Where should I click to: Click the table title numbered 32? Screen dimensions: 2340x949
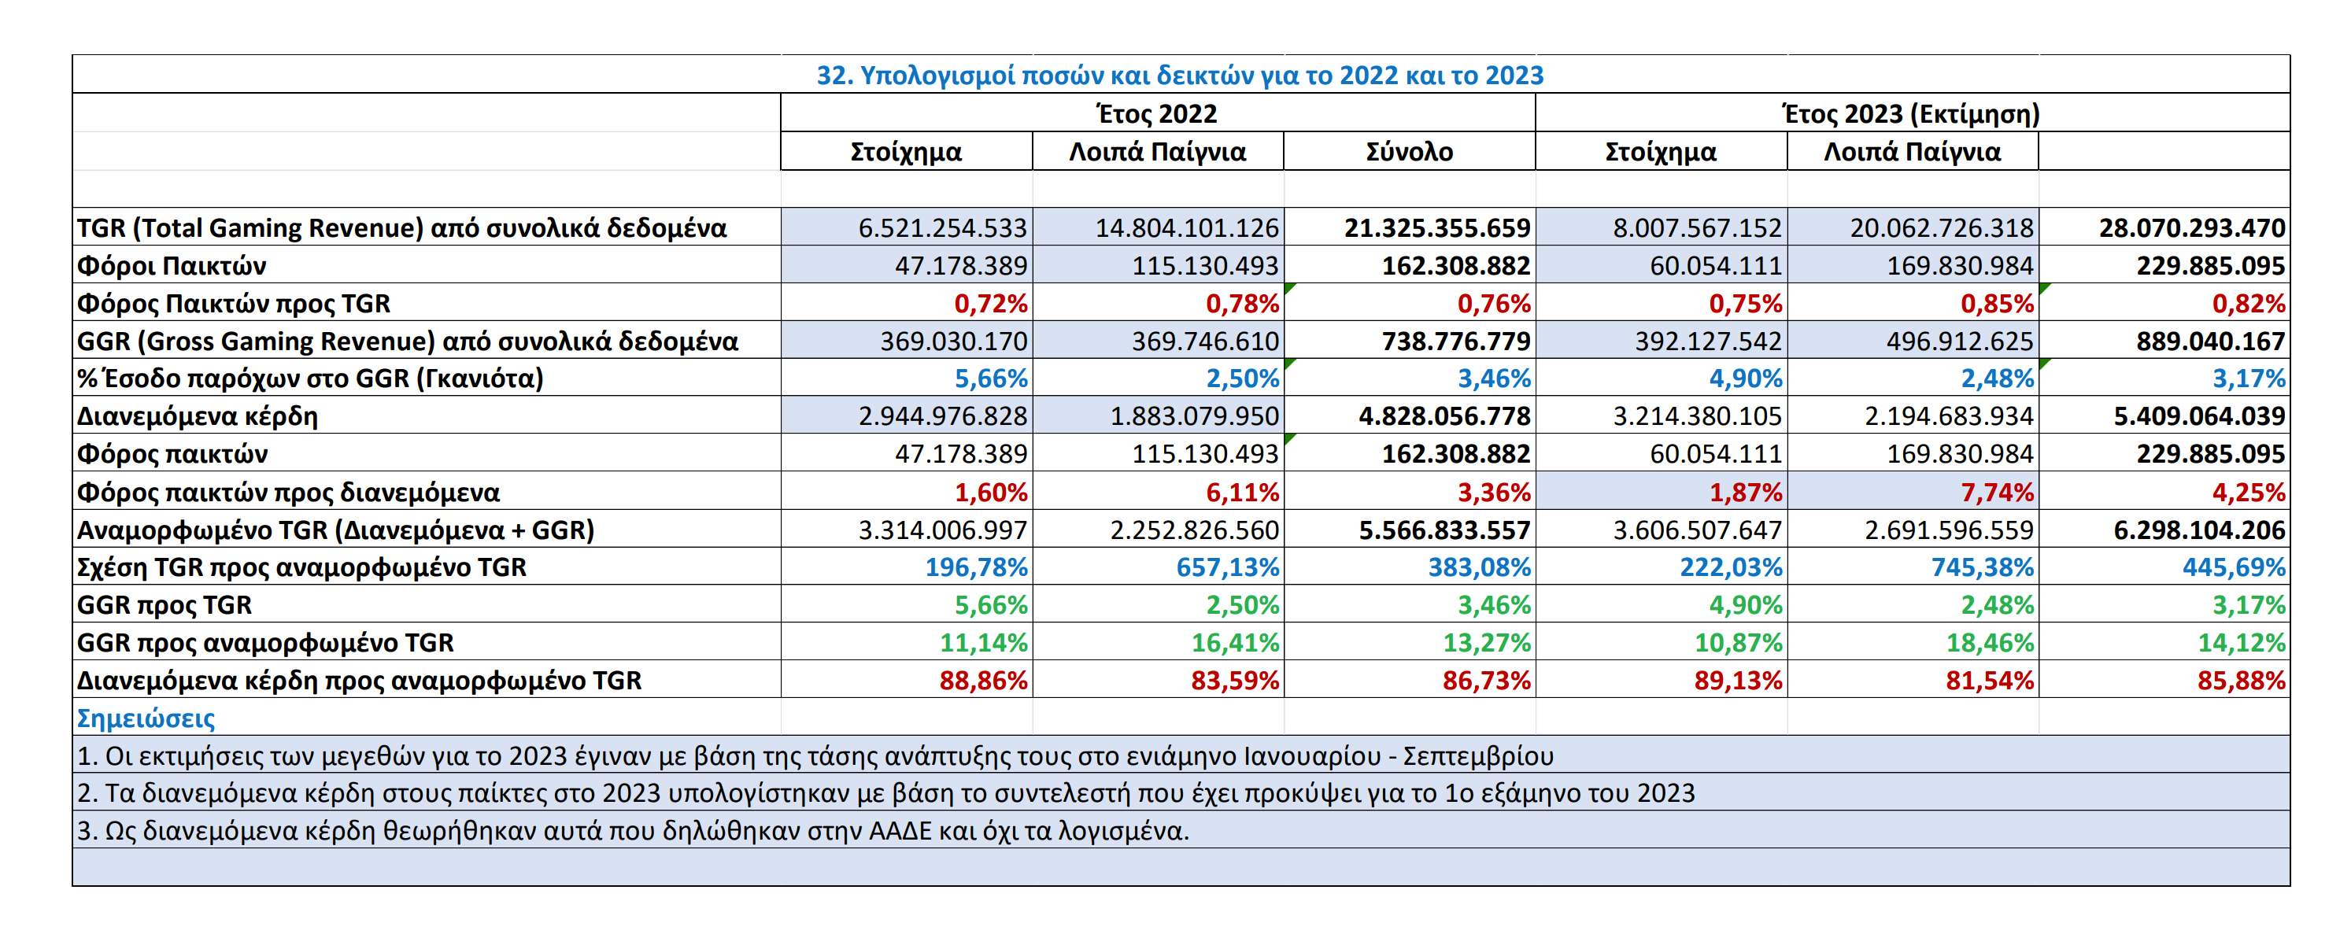point(1179,75)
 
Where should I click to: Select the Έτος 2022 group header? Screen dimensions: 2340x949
point(1157,113)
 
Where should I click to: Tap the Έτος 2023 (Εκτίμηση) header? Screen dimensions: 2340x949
point(1911,113)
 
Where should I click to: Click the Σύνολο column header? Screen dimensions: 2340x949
point(1409,152)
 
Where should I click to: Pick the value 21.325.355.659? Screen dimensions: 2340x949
point(1437,227)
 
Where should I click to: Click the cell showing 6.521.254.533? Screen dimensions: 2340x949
point(942,227)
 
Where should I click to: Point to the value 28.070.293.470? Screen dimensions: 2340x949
point(2192,227)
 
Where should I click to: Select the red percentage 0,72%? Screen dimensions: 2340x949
point(990,303)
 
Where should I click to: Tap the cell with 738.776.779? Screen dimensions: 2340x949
point(1456,342)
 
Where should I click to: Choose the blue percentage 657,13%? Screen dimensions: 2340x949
point(1227,567)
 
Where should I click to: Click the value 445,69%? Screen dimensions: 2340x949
point(2234,567)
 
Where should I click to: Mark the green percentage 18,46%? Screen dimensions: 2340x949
point(1990,643)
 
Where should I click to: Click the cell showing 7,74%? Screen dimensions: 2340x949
point(1997,493)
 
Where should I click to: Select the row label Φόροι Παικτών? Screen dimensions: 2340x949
point(171,266)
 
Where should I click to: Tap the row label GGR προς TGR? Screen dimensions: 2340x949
point(164,605)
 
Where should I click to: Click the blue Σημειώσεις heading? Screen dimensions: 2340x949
point(146,718)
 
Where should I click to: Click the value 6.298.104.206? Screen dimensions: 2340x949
point(2199,530)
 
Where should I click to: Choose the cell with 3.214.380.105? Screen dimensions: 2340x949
point(1697,416)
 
